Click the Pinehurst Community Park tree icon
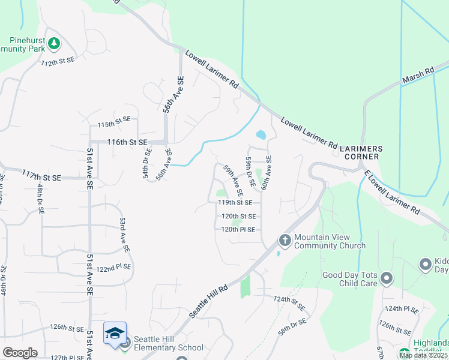coord(54,43)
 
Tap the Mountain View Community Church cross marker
coord(285,241)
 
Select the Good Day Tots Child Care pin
coord(387,278)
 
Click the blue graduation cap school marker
coord(115,334)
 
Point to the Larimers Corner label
coord(358,152)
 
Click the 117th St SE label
coord(41,176)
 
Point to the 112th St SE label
coord(58,61)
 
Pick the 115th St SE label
coord(113,124)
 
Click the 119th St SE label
coord(236,203)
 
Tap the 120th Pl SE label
coord(238,230)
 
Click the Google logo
coord(20,353)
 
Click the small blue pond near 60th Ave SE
coord(261,134)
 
